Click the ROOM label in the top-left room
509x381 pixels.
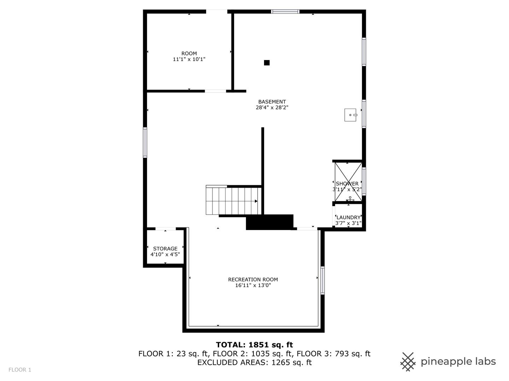[189, 54]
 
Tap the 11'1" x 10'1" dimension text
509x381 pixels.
[189, 60]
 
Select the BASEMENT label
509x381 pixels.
[272, 102]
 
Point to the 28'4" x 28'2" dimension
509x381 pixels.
[272, 108]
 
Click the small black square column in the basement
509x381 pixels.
[267, 63]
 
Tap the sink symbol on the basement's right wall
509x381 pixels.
[351, 115]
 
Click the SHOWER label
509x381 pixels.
[347, 183]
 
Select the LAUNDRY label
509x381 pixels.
[349, 217]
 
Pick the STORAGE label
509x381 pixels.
[165, 249]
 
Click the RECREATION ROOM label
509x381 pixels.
[253, 279]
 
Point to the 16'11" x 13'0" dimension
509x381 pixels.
[253, 285]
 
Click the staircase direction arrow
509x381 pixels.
[256, 201]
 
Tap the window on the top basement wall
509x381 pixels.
[285, 12]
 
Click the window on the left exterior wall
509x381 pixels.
[145, 142]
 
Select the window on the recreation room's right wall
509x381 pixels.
[322, 280]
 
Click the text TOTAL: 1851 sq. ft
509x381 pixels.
[255, 345]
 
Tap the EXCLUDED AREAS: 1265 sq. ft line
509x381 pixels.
[255, 363]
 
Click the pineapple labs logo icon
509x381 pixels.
[408, 362]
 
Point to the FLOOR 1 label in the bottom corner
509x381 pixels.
[20, 370]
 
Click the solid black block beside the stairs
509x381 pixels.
[270, 222]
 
